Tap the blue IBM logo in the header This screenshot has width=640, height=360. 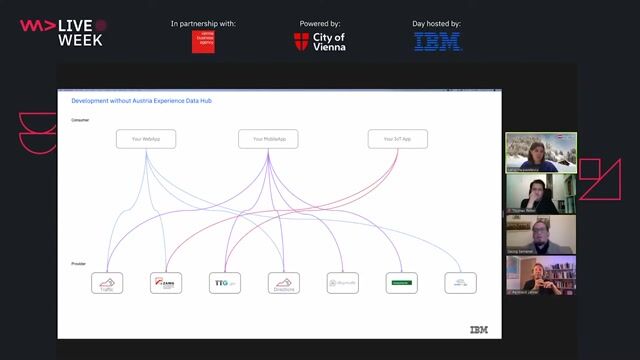[x=437, y=42]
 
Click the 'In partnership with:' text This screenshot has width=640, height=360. [x=204, y=23]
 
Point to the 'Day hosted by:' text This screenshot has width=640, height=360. [x=437, y=23]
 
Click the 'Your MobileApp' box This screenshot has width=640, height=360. [x=268, y=139]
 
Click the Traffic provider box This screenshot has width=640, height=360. [x=107, y=284]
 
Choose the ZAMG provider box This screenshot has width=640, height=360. [x=166, y=284]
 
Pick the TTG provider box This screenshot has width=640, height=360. [x=224, y=284]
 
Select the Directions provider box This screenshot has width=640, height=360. [x=283, y=284]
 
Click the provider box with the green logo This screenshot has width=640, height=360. [x=401, y=284]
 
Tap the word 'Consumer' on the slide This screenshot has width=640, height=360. [x=80, y=119]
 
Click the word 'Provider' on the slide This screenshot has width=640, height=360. [x=79, y=264]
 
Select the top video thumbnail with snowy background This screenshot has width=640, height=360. [x=540, y=152]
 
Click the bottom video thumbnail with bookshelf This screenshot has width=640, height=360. [x=540, y=275]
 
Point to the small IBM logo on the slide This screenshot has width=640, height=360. [x=479, y=329]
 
